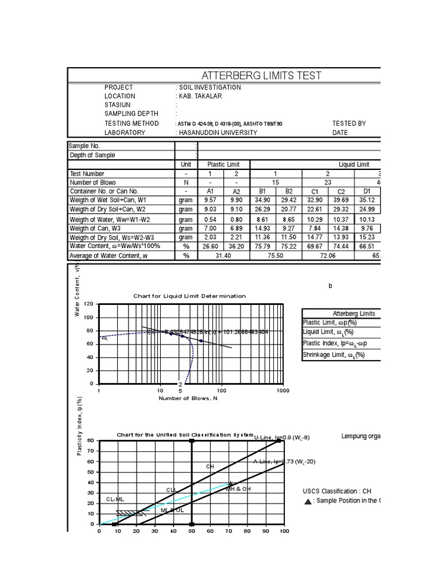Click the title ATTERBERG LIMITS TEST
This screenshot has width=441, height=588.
260,76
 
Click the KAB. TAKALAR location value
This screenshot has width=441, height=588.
199,96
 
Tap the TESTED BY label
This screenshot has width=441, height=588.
349,123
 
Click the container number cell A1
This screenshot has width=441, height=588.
210,191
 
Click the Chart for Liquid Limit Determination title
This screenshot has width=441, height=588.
189,296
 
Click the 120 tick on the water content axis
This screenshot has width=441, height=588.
88,304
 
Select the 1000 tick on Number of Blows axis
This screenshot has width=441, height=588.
283,390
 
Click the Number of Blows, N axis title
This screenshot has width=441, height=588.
188,398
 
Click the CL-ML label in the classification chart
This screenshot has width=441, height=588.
115,500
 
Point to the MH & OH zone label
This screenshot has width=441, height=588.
238,489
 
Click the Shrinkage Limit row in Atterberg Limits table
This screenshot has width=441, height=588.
334,355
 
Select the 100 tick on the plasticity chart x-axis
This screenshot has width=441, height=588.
284,531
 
